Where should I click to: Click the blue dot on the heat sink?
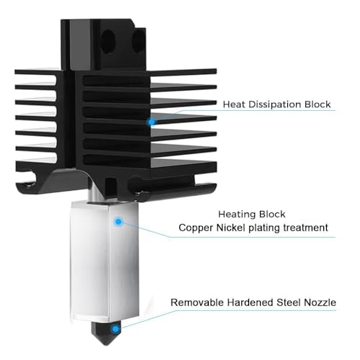click(x=151, y=122)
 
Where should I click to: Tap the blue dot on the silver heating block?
click(x=118, y=222)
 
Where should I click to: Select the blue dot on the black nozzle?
click(x=116, y=329)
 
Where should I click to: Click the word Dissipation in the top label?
click(x=275, y=104)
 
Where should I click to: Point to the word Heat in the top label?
click(x=234, y=104)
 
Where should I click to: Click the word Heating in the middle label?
click(x=234, y=215)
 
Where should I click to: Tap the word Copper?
click(x=196, y=228)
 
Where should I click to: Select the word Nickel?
click(x=231, y=228)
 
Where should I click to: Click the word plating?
click(x=264, y=228)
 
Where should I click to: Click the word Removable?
click(x=197, y=302)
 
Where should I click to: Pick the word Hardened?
click(x=250, y=302)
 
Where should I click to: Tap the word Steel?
click(x=289, y=302)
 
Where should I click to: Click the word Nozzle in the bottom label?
click(x=320, y=302)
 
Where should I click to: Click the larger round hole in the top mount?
click(x=109, y=42)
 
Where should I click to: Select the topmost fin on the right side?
click(x=184, y=72)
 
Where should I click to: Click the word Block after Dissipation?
click(x=318, y=104)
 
